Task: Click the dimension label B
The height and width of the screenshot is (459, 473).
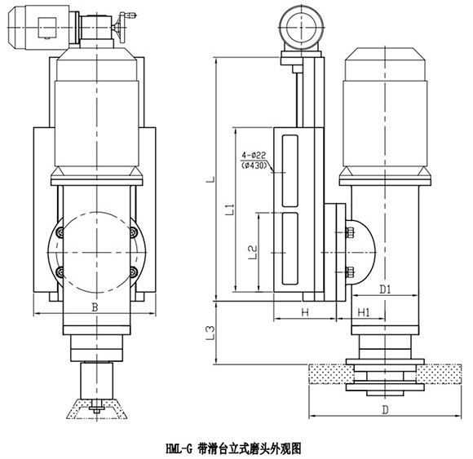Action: pyautogui.click(x=95, y=307)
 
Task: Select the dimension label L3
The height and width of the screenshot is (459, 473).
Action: pyautogui.click(x=210, y=333)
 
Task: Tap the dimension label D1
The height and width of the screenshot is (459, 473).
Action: pyautogui.click(x=385, y=289)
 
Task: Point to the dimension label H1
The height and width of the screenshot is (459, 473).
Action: pyautogui.click(x=364, y=313)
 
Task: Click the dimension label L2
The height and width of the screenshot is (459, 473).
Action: pyautogui.click(x=252, y=252)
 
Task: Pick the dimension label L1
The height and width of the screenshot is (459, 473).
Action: pyautogui.click(x=230, y=210)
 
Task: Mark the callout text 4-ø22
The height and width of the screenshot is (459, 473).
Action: pyautogui.click(x=254, y=156)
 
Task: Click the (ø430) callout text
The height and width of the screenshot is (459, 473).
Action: pyautogui.click(x=254, y=166)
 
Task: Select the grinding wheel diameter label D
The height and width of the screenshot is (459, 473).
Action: pyautogui.click(x=385, y=410)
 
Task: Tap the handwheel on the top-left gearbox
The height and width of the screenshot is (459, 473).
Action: pyautogui.click(x=122, y=28)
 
